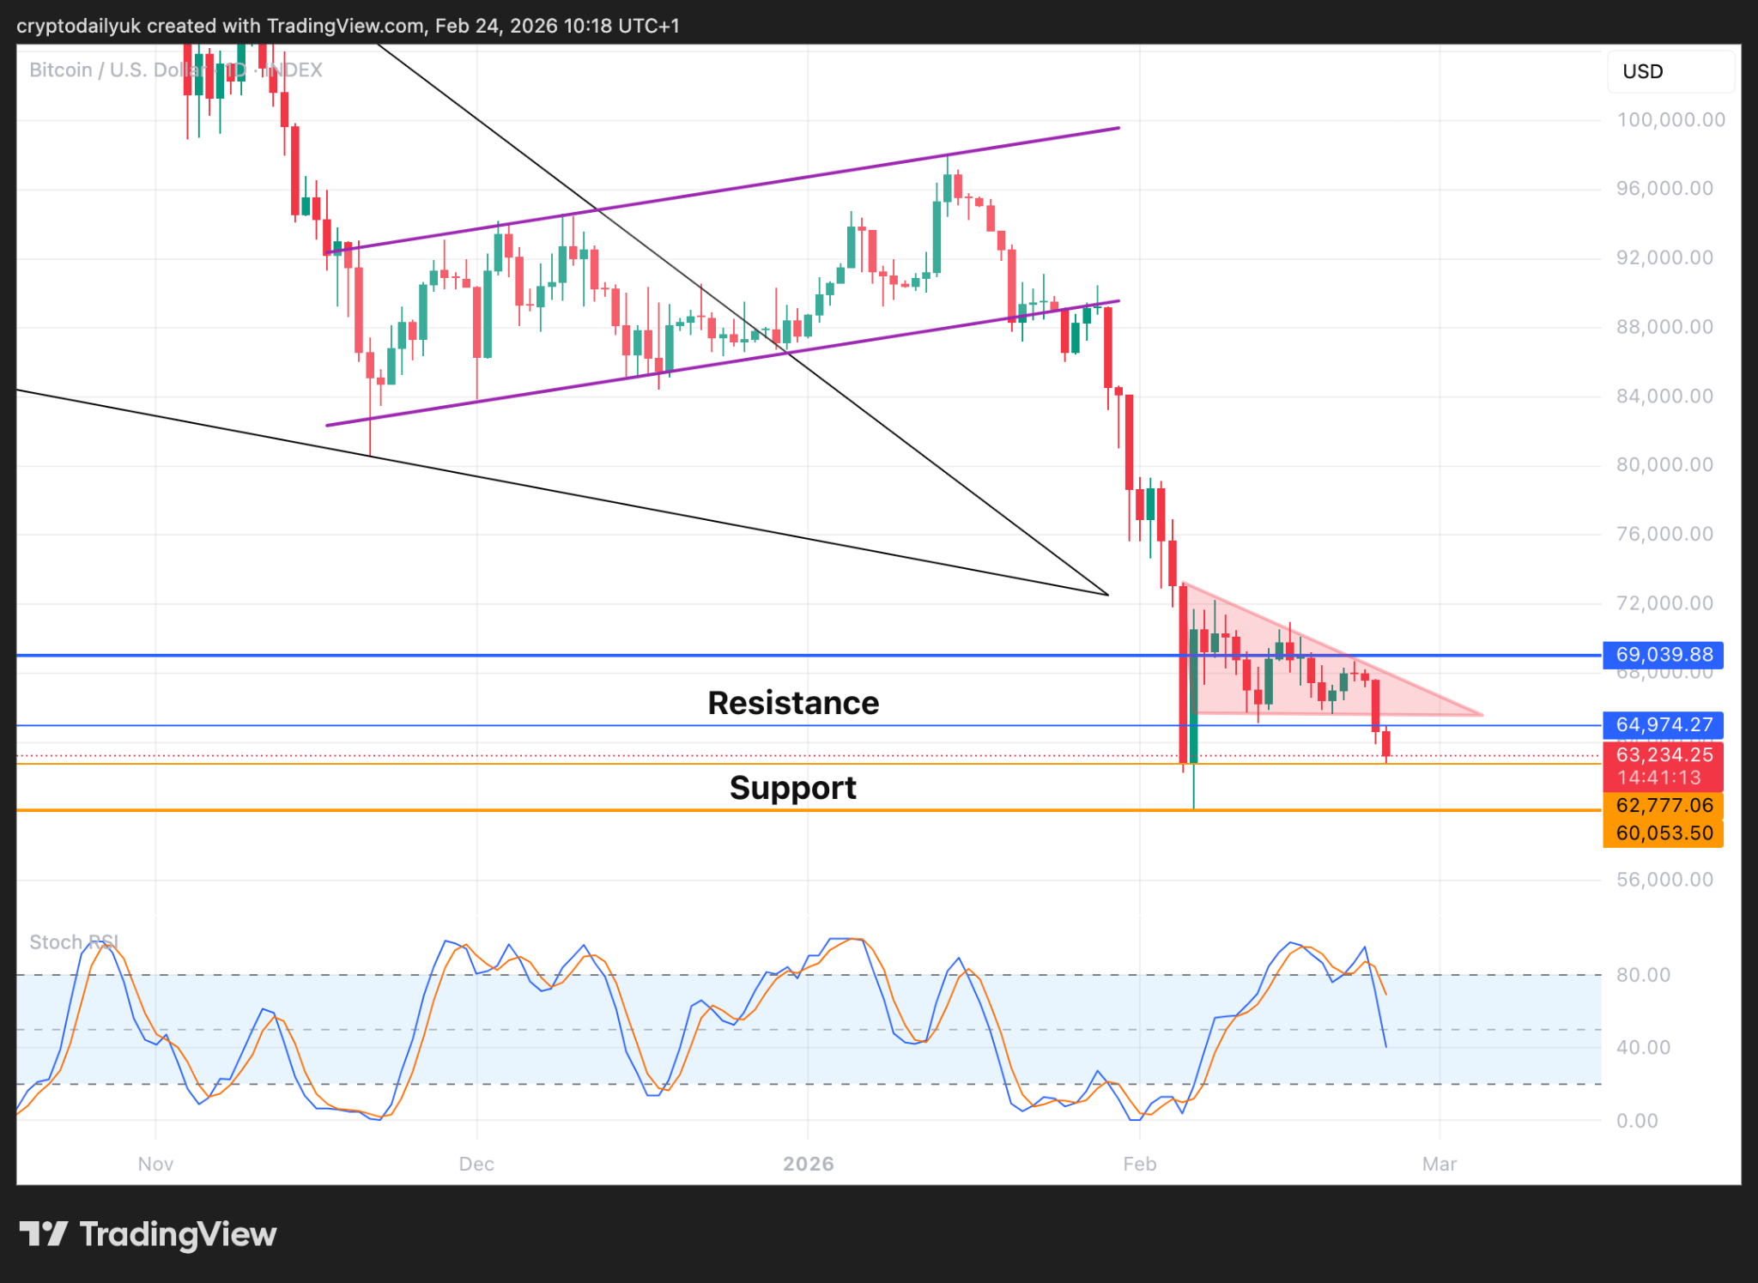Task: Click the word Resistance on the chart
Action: point(793,703)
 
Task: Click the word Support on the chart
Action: point(792,788)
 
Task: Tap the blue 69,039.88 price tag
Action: point(1663,655)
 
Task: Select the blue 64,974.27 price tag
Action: point(1663,725)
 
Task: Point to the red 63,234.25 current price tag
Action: point(1663,755)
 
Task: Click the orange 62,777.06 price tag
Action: point(1663,806)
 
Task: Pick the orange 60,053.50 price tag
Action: point(1663,833)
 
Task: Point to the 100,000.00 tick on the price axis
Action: point(1670,120)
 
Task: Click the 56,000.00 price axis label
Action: point(1664,880)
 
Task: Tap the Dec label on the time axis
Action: point(476,1165)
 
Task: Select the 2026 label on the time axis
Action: point(809,1165)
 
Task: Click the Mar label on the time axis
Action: point(1440,1165)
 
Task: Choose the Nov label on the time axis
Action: point(155,1165)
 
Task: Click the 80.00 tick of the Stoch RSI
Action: point(1643,975)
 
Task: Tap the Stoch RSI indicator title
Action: point(73,942)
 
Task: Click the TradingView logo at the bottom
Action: point(148,1235)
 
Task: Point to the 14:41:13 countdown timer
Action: point(1659,778)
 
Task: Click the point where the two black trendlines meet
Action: point(1108,595)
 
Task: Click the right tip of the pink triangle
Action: point(1482,714)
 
